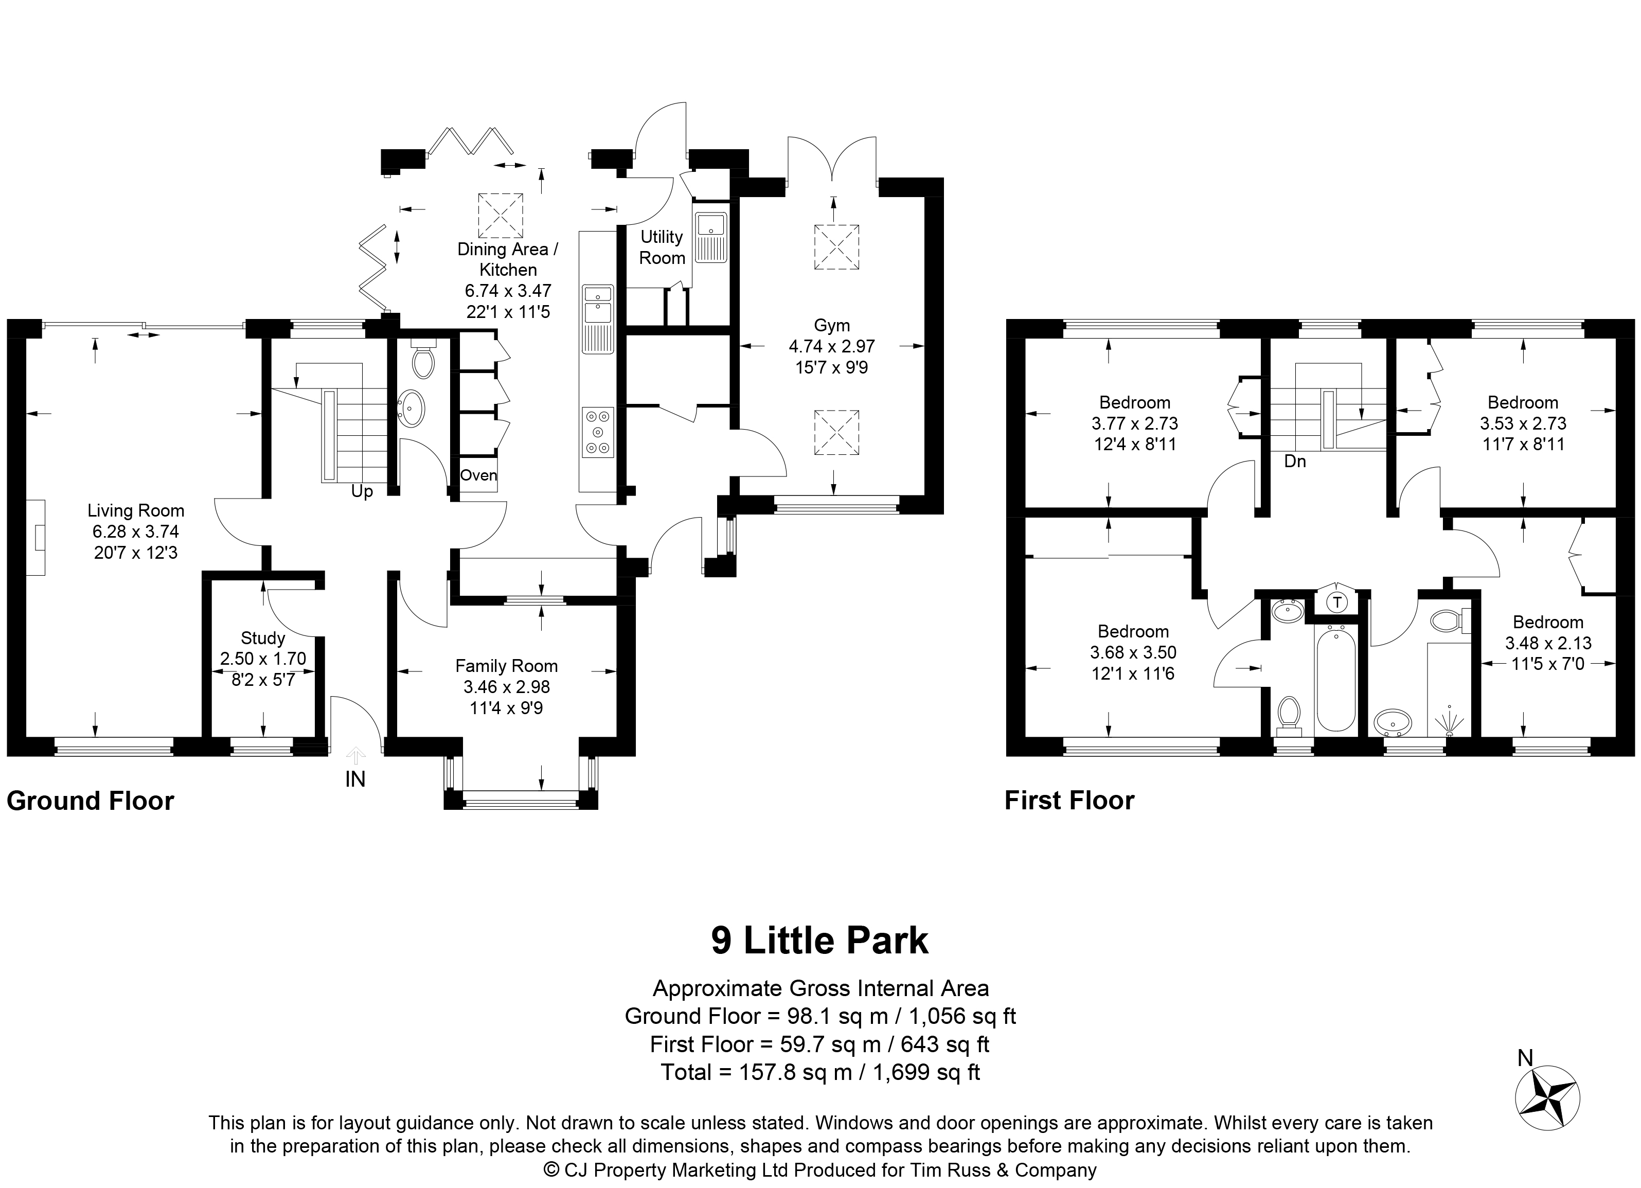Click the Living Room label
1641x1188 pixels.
tap(136, 511)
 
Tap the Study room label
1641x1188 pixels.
tap(263, 638)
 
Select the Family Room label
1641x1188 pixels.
tap(507, 666)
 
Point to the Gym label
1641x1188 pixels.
tap(832, 326)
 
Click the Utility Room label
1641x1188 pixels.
tap(662, 247)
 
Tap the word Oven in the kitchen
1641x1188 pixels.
tap(479, 475)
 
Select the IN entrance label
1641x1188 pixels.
tap(355, 779)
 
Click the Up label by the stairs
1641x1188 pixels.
tap(362, 492)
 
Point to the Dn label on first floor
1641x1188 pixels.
tap(1295, 461)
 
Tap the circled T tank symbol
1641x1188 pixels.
tap(1338, 602)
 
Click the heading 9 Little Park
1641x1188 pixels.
tap(820, 941)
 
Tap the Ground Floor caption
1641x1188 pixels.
tap(91, 801)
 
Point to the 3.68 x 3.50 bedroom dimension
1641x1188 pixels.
tap(1133, 652)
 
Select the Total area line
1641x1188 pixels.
tap(820, 1072)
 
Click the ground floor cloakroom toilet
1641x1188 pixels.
tap(423, 358)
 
